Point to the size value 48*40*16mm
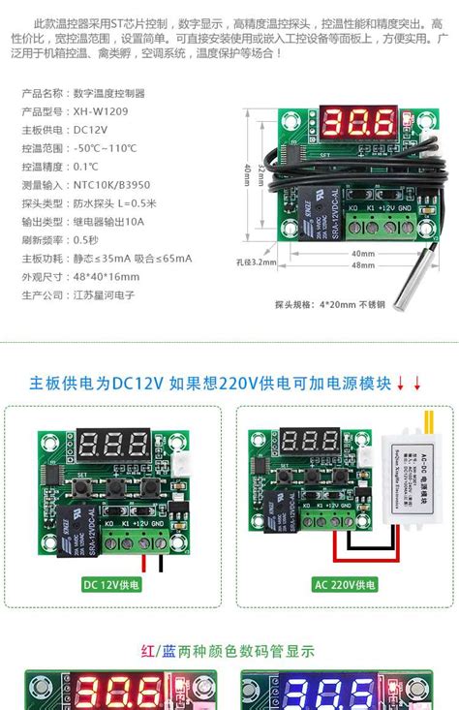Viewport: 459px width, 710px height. point(107,276)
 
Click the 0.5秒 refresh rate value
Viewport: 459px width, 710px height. point(86,239)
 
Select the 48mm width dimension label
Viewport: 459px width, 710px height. point(363,265)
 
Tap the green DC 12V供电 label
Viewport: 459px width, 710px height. point(112,585)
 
